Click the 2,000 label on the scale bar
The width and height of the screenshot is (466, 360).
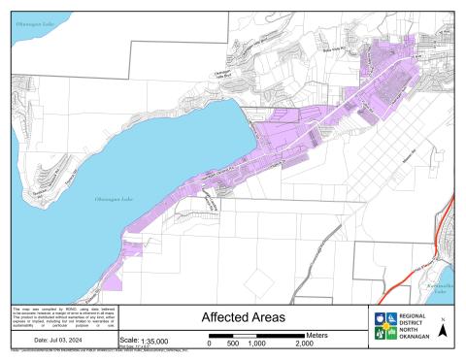(x=304, y=344)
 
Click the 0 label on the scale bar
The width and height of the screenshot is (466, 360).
(x=211, y=344)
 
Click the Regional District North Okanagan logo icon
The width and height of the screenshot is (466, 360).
(x=383, y=327)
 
